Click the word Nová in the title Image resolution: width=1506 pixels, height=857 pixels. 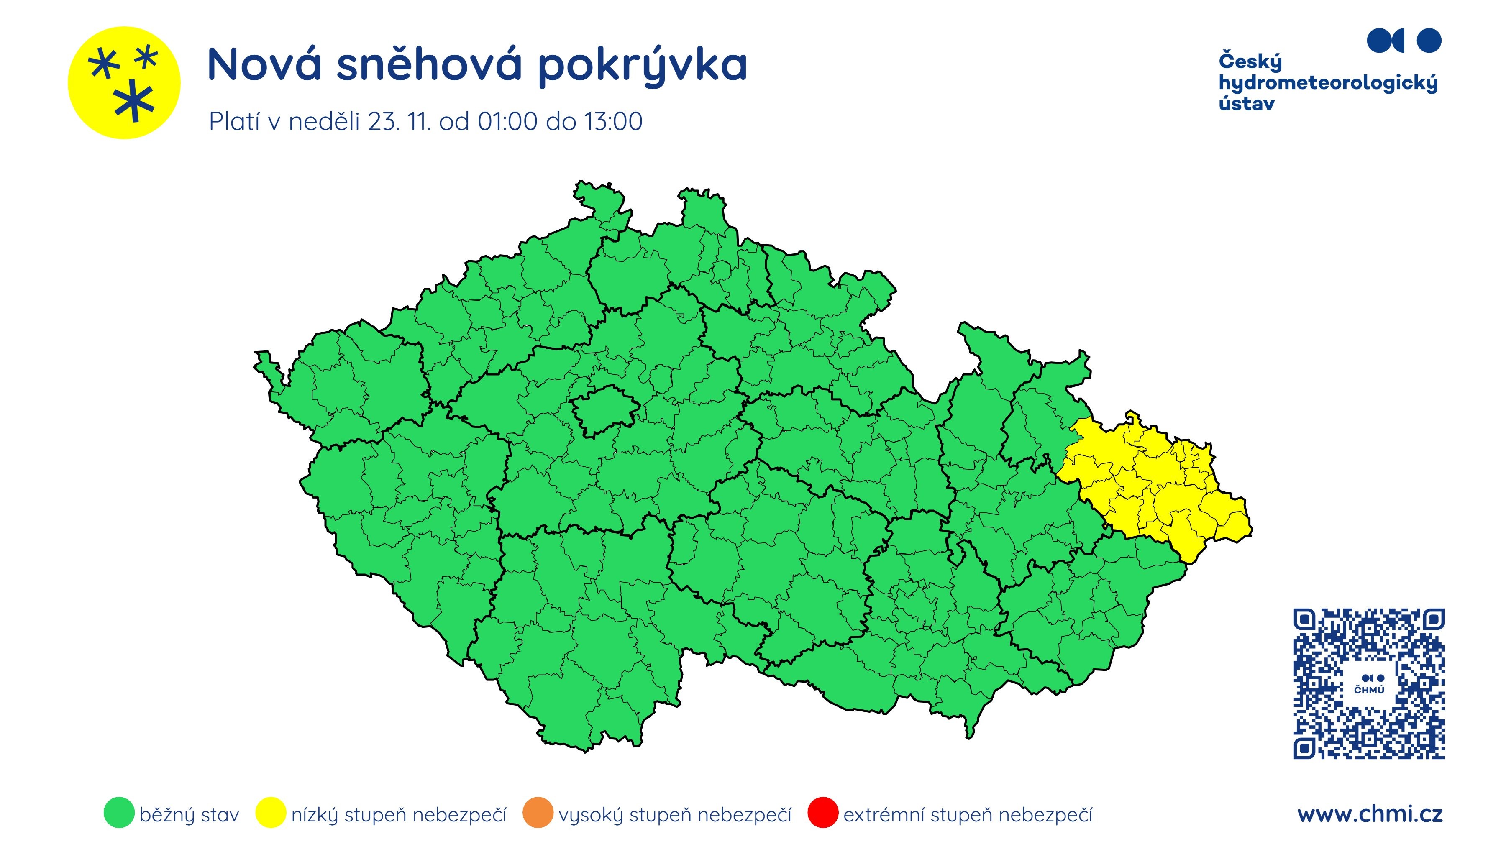coord(264,65)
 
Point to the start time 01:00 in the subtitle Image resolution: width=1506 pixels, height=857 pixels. coord(507,122)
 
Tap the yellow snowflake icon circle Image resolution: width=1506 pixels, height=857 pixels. coord(124,82)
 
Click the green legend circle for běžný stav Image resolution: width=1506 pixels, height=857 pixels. coord(119,813)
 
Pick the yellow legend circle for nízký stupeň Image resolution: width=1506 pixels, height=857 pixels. coord(271,813)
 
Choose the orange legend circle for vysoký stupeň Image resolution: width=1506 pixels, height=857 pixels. coord(537,813)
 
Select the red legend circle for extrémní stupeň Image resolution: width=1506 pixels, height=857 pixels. coord(823,813)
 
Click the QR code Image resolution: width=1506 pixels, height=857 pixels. coord(1368,684)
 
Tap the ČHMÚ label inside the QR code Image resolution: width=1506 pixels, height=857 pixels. coord(1369,690)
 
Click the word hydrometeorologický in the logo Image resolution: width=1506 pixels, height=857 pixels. coord(1328,83)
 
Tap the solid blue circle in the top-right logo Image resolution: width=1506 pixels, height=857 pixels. coord(1429,41)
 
